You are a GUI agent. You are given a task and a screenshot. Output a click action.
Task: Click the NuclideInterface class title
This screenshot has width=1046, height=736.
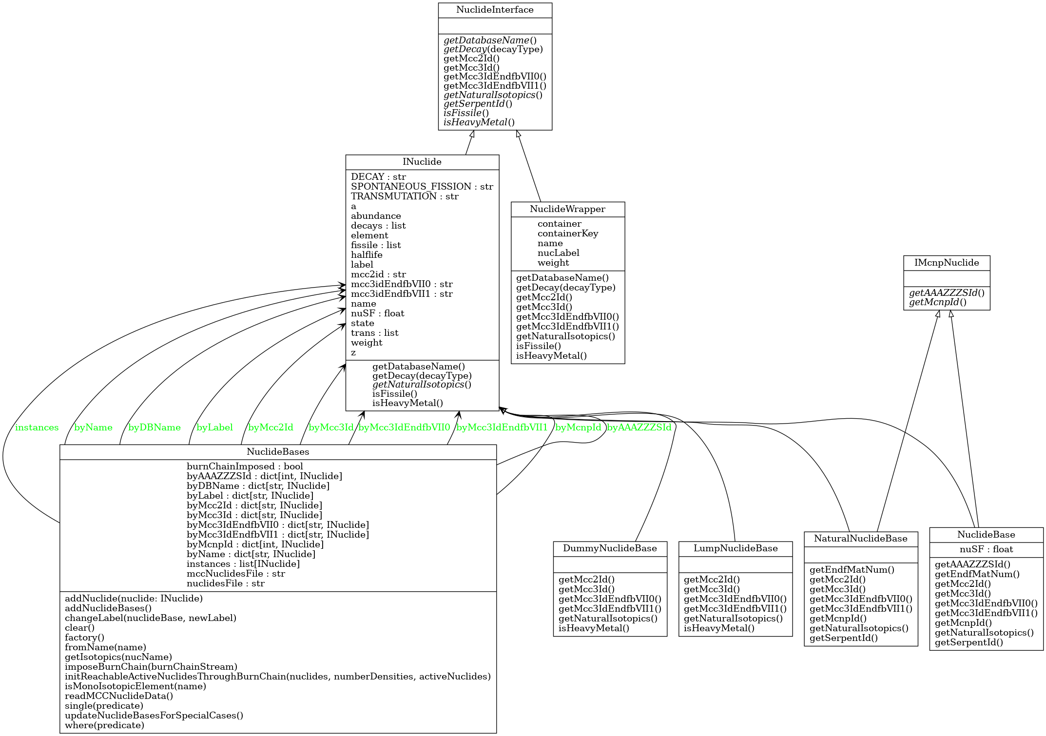click(495, 10)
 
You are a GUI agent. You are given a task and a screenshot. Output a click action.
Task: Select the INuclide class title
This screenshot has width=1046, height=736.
click(422, 162)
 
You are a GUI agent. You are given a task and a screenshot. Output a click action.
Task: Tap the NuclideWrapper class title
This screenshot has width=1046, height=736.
click(567, 209)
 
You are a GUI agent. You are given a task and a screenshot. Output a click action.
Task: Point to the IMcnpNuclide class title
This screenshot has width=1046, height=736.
click(947, 263)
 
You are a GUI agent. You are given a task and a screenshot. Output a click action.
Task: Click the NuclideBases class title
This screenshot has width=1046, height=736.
click(278, 452)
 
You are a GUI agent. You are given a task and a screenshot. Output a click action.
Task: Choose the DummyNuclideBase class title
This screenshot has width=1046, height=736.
click(610, 548)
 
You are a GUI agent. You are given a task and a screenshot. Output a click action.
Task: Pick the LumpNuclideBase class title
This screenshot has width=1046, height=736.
click(736, 548)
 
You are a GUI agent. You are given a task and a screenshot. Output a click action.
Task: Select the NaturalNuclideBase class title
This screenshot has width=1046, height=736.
click(861, 539)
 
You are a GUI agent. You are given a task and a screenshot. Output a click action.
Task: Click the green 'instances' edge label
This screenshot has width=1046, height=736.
click(37, 428)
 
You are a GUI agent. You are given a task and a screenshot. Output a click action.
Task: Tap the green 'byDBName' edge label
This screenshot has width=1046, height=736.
click(155, 428)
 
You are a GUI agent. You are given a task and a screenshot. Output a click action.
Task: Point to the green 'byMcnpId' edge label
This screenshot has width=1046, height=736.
click(579, 428)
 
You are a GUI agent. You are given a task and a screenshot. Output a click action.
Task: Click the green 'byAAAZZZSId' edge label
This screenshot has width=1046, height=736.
click(639, 428)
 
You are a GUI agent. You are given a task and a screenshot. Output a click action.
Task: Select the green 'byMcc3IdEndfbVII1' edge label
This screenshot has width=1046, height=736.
click(502, 428)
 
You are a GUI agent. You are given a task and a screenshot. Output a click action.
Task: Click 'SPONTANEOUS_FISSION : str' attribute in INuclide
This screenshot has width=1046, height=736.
click(422, 187)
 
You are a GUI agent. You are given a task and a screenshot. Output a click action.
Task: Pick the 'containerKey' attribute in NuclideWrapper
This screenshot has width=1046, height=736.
click(568, 233)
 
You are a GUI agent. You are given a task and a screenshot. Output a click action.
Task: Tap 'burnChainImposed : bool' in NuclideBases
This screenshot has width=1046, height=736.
click(245, 466)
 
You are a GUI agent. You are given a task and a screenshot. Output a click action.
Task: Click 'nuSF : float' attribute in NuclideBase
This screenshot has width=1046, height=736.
click(986, 549)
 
